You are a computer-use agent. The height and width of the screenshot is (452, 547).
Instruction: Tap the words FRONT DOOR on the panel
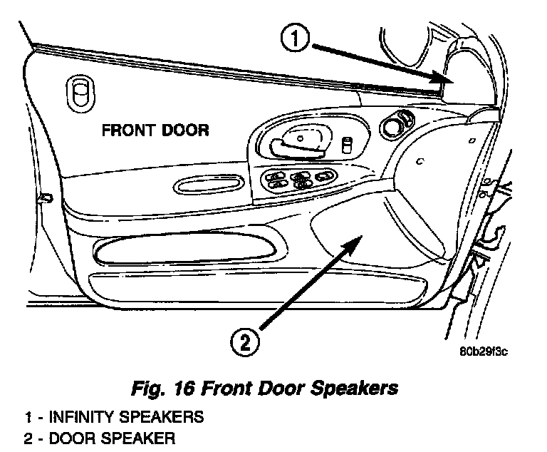[155, 130]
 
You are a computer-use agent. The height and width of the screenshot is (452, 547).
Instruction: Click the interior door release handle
[297, 143]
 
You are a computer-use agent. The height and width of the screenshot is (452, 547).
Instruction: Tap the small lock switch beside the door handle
[348, 145]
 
